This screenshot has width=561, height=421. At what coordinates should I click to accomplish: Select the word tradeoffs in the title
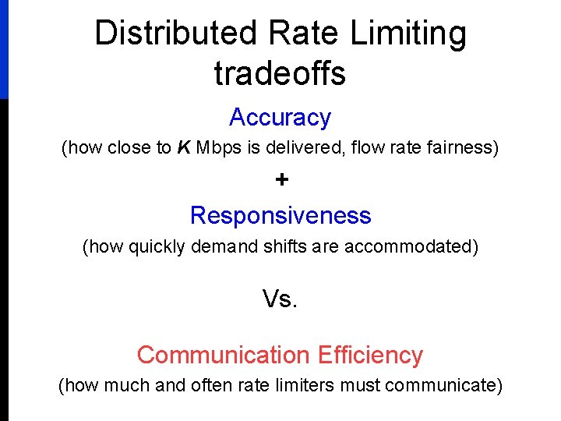click(280, 73)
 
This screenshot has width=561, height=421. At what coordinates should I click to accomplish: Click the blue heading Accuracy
click(280, 118)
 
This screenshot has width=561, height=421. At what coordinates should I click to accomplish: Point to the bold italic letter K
click(184, 148)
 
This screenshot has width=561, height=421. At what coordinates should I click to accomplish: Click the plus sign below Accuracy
click(281, 180)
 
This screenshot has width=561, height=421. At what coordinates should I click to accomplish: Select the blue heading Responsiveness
click(280, 214)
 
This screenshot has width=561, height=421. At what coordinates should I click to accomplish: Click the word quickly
click(157, 247)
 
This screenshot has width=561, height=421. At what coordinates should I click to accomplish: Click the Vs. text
click(280, 299)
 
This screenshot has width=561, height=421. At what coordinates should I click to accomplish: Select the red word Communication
click(223, 355)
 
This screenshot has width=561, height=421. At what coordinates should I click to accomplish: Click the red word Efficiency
click(370, 355)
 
